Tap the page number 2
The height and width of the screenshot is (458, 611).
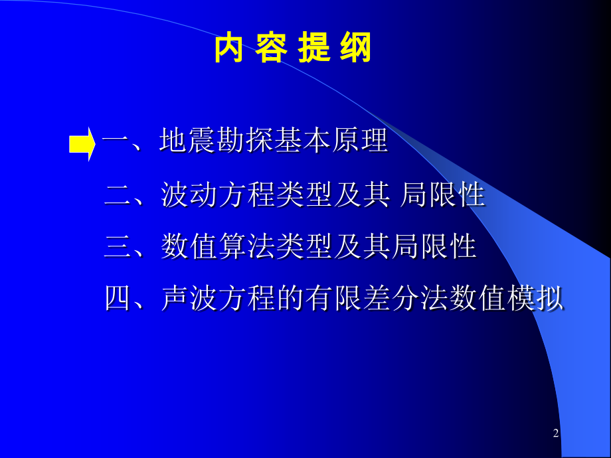click(x=556, y=433)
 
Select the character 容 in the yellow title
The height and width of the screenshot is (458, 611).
click(x=272, y=48)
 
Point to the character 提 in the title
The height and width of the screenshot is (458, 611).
click(x=314, y=48)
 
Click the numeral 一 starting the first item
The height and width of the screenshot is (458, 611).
click(x=116, y=142)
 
